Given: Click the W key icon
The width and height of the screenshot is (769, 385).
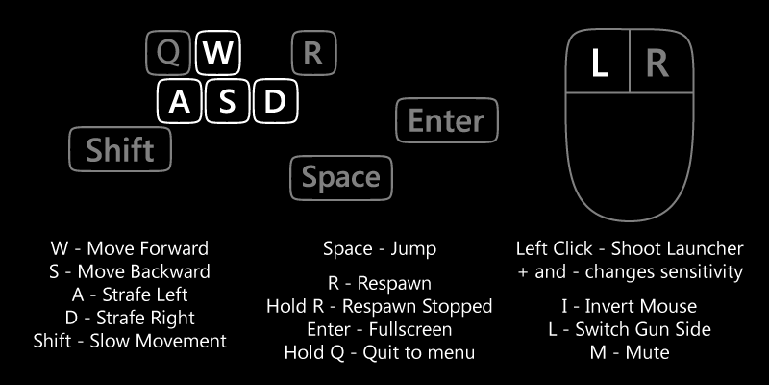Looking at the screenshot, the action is pyautogui.click(x=218, y=53).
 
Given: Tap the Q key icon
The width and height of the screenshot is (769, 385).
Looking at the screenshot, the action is pyautogui.click(x=168, y=53).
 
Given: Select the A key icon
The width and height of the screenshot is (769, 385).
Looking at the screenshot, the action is pyautogui.click(x=180, y=101).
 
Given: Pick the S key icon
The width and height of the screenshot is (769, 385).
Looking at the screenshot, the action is pyautogui.click(x=228, y=101).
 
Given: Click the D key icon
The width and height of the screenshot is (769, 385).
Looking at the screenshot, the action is pyautogui.click(x=276, y=101).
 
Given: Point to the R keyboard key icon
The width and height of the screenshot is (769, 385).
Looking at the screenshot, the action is pyautogui.click(x=314, y=53).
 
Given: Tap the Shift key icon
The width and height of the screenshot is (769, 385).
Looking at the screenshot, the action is pyautogui.click(x=120, y=149).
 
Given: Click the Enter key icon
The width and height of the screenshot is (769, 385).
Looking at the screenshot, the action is pyautogui.click(x=447, y=120).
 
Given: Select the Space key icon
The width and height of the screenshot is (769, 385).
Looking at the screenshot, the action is pyautogui.click(x=341, y=178).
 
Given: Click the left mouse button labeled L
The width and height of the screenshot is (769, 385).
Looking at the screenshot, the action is pyautogui.click(x=598, y=62).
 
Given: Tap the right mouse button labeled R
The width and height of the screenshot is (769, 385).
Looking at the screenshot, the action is pyautogui.click(x=661, y=62).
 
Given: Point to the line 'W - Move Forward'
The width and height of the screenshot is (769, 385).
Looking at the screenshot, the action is pyautogui.click(x=130, y=248).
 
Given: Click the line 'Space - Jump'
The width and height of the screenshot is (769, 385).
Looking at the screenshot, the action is pyautogui.click(x=380, y=249).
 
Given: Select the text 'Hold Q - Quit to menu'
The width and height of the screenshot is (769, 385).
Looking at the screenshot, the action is pyautogui.click(x=380, y=352).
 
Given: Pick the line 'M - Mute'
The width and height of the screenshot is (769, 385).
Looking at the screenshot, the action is pyautogui.click(x=630, y=352).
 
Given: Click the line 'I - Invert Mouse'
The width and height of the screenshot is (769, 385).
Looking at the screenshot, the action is pyautogui.click(x=630, y=306).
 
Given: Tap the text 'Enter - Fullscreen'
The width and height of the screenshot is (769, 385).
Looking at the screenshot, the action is pyautogui.click(x=380, y=329).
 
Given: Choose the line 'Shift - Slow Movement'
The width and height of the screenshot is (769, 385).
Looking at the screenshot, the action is pyautogui.click(x=130, y=341).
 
